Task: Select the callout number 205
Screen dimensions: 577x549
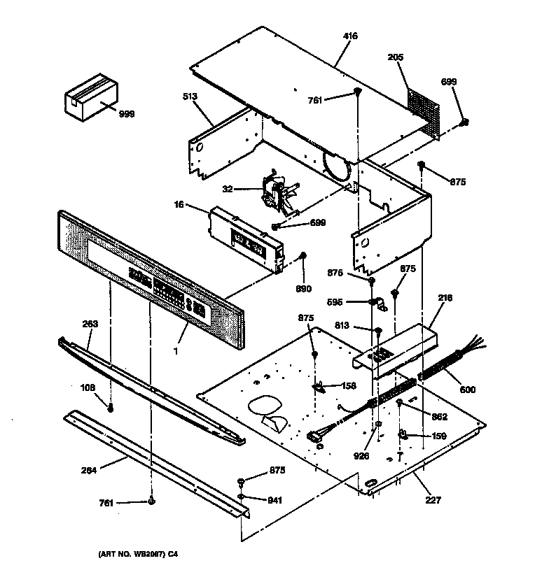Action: point(396,58)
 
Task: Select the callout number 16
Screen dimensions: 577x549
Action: point(179,204)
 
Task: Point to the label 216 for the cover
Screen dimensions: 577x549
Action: point(445,298)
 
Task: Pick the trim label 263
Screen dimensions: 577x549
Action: point(90,324)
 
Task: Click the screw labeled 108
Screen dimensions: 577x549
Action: point(111,408)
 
